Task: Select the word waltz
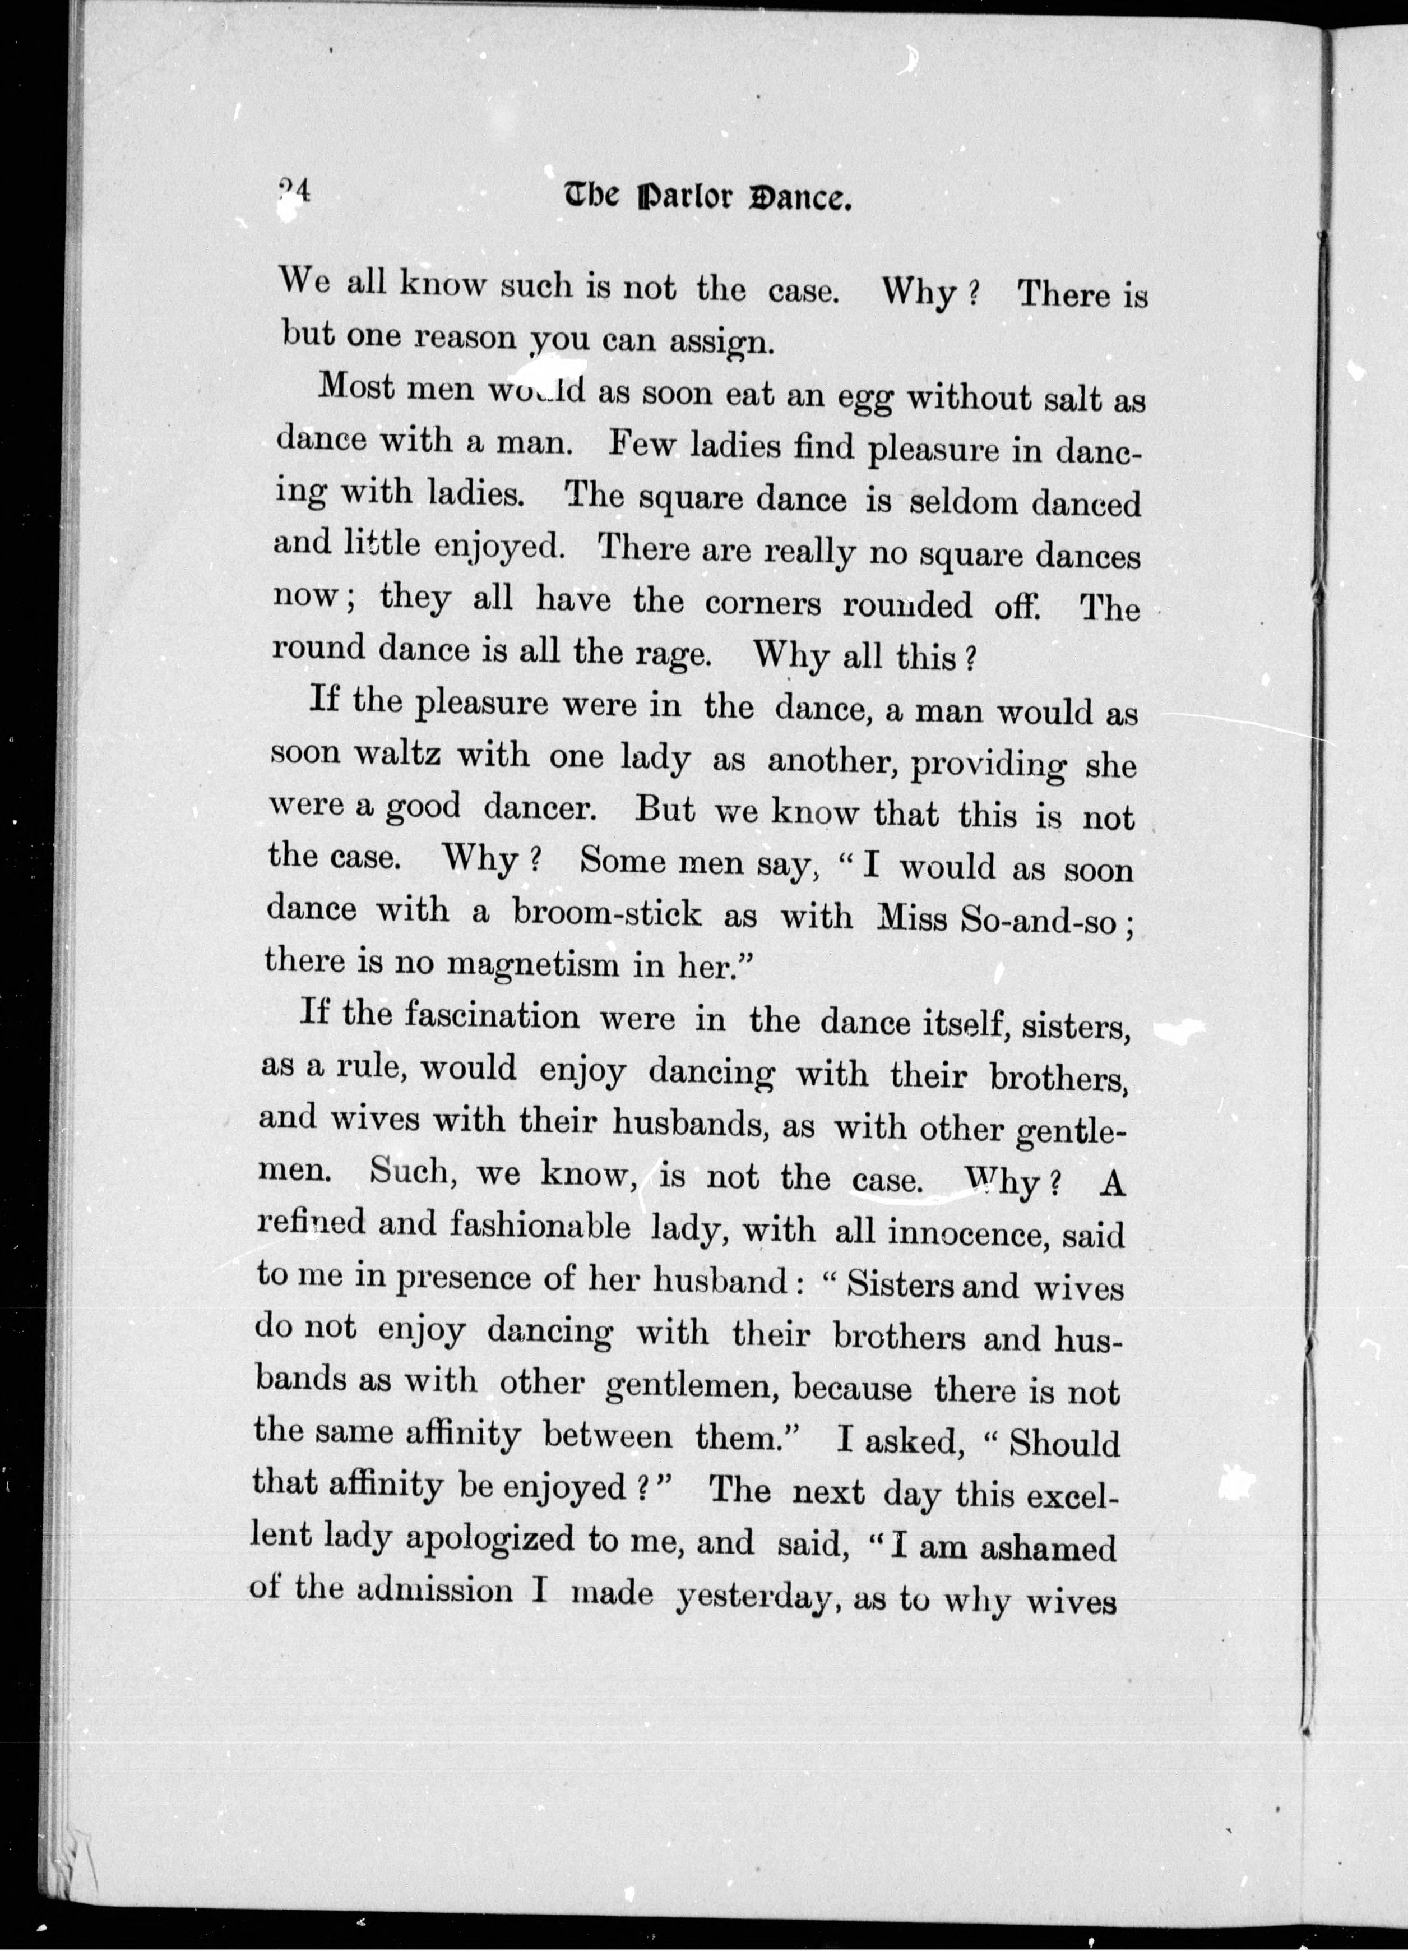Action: (401, 755)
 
